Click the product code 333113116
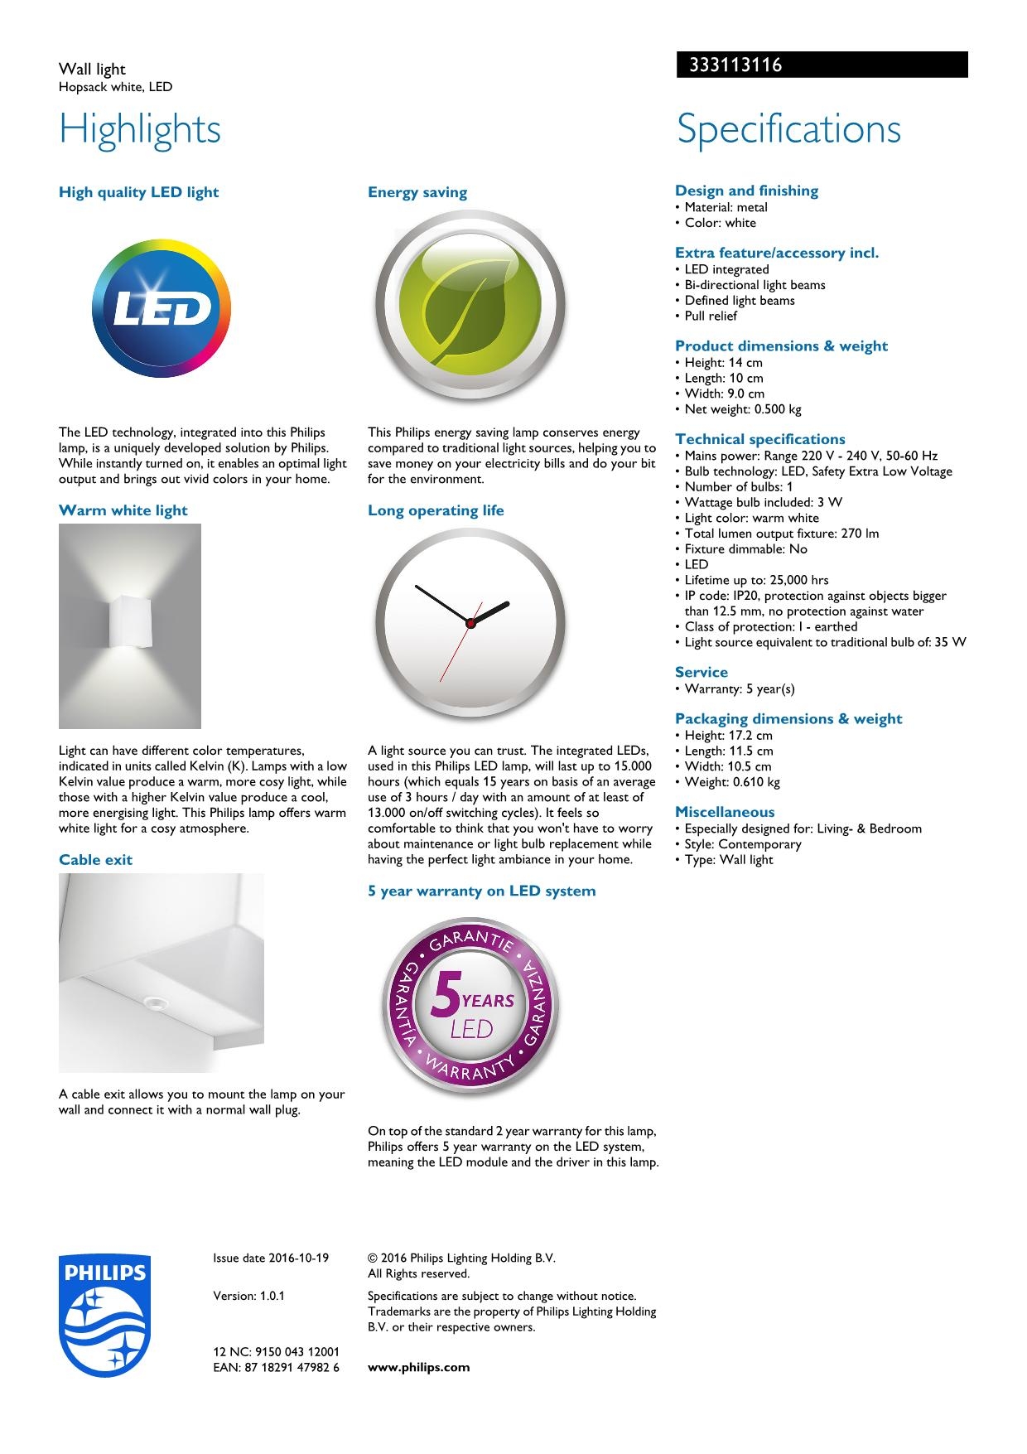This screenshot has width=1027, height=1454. pos(735,65)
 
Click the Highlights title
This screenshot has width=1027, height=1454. pos(140,129)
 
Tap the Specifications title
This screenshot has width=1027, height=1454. pos(788,129)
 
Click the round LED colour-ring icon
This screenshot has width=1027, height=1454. pos(162,309)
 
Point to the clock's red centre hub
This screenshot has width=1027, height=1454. pos(470,623)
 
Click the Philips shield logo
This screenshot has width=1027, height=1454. pos(104,1315)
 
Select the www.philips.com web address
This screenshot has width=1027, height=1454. pos(418,1367)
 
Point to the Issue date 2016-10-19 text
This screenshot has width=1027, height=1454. pos(270,1258)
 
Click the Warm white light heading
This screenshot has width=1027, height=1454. pos(123,510)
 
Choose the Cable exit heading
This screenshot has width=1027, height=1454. pos(95,860)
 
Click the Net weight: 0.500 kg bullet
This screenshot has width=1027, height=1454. pos(742,409)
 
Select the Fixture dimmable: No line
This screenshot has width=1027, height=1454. pos(745,549)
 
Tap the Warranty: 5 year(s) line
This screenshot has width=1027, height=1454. pos(739,689)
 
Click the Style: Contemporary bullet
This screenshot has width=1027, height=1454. pos(742,844)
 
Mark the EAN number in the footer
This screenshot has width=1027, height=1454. pos(276,1367)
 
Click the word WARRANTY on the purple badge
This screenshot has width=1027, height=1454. pos(470,1069)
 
